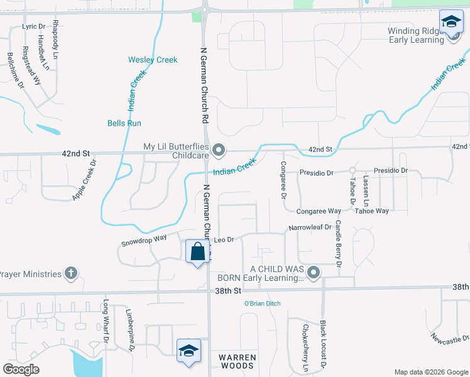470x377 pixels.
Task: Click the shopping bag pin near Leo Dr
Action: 198,252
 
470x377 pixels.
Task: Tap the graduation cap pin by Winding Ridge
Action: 451,24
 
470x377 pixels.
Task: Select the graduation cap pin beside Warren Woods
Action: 188,351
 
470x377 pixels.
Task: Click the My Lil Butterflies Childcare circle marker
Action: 219,150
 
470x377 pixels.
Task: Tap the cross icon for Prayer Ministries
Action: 71,273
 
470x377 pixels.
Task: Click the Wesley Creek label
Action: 153,60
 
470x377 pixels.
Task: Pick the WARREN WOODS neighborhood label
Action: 238,361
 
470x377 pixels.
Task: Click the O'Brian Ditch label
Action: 262,303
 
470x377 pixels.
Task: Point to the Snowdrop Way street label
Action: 144,240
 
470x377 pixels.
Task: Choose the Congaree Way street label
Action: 319,212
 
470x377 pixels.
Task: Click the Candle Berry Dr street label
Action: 338,244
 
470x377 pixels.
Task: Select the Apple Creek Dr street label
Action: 84,180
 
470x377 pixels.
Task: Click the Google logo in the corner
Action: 21,369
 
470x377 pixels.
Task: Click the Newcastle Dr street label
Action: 449,338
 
